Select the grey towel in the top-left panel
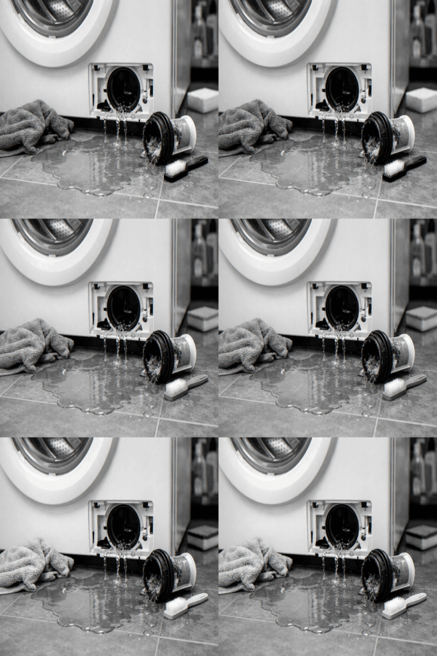[32, 126]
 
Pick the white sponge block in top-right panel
[422, 100]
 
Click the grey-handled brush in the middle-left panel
[185, 387]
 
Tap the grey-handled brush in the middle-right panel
[404, 387]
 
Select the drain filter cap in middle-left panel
[167, 356]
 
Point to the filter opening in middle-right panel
[342, 308]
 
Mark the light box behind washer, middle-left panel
[203, 318]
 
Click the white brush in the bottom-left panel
[185, 605]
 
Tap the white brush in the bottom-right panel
[404, 605]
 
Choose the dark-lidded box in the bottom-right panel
[422, 537]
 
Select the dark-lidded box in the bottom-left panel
[203, 537]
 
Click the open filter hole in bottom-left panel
[123, 527]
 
